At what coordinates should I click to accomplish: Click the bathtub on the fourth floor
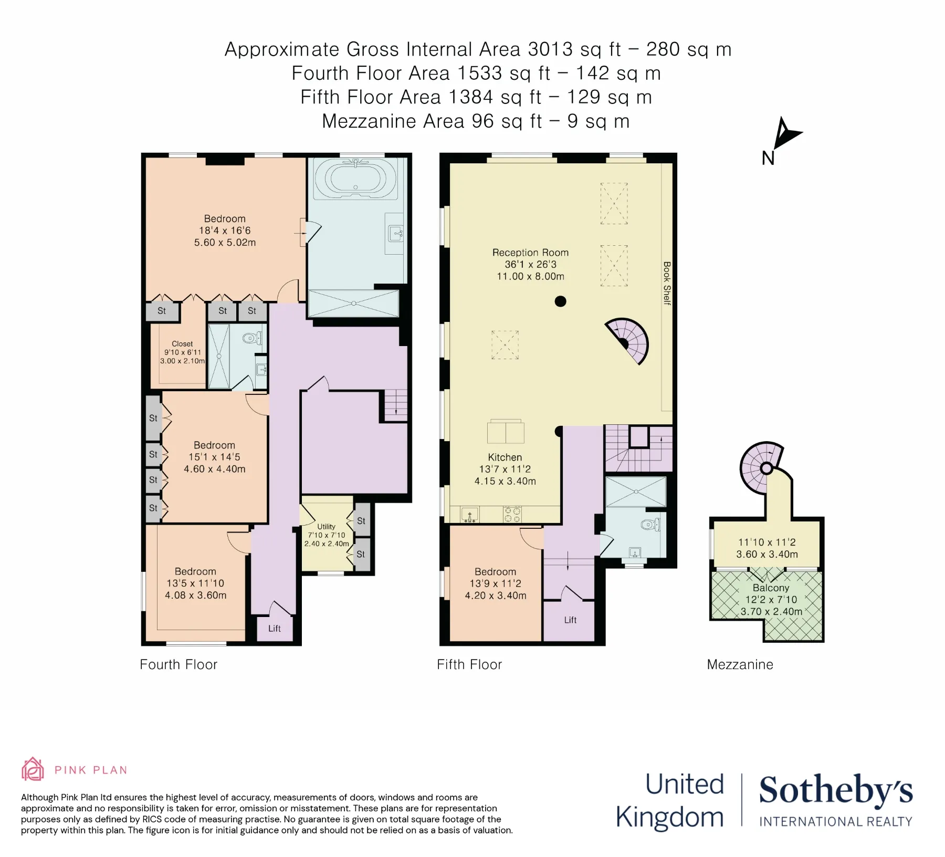tap(355, 179)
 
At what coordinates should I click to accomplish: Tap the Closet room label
tap(182, 344)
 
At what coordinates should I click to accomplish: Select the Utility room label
tap(326, 527)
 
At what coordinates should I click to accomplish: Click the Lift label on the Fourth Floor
tap(275, 629)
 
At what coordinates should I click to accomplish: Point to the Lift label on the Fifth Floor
tap(570, 620)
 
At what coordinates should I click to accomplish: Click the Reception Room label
tap(530, 253)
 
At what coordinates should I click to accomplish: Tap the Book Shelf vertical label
tap(667, 283)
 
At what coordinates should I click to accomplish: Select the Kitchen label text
tap(505, 457)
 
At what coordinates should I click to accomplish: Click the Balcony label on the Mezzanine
tap(771, 588)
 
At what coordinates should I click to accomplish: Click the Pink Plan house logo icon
tap(33, 769)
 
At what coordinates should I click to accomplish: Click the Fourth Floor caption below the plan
tap(178, 665)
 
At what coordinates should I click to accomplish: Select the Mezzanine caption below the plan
tap(740, 665)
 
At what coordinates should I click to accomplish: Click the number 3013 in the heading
tap(550, 49)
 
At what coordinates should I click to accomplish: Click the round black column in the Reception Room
tap(561, 301)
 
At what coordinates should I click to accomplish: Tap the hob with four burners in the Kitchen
tap(512, 515)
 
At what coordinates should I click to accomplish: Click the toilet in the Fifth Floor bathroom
tap(650, 525)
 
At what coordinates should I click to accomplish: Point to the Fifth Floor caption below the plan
tap(469, 665)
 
